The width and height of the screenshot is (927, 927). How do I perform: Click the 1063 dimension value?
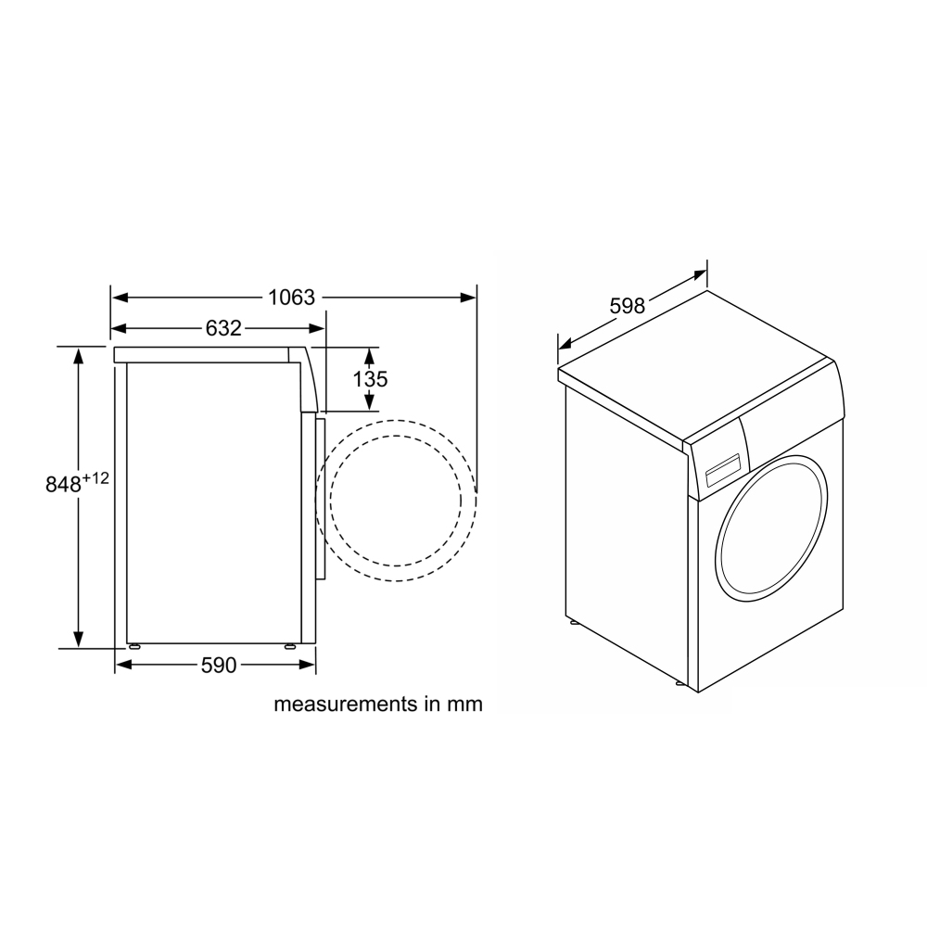click(x=291, y=298)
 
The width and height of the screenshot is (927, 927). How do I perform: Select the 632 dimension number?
click(x=223, y=328)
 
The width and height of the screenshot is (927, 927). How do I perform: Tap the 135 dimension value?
click(x=370, y=379)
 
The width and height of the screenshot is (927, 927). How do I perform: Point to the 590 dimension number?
click(x=219, y=665)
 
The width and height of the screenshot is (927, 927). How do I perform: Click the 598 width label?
click(x=628, y=306)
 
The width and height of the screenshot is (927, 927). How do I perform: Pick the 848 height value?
click(x=63, y=485)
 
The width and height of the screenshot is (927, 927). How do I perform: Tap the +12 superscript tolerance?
click(x=95, y=478)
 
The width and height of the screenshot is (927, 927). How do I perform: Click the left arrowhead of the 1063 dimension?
click(x=120, y=298)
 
